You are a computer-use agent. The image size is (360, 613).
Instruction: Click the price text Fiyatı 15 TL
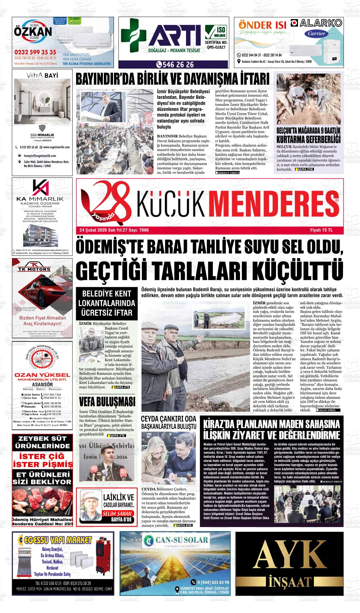[321, 230]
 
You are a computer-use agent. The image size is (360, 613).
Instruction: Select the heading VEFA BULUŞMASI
[107, 402]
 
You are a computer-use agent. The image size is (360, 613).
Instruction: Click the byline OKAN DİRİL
[329, 410]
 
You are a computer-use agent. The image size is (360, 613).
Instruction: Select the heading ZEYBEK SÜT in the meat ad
[42, 439]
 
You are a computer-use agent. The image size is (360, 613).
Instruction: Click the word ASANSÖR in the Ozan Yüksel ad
[42, 384]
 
